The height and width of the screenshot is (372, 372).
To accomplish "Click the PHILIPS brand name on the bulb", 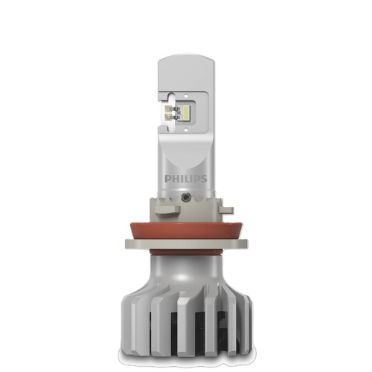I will tap(186, 179).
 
